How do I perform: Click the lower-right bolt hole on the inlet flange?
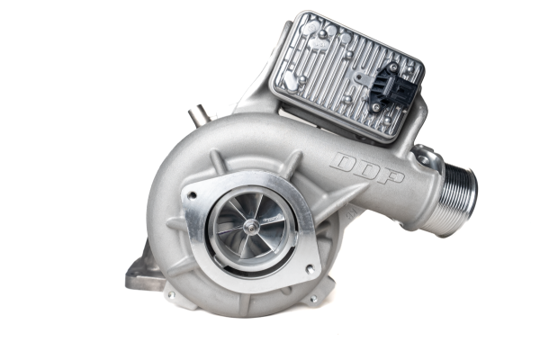coord(308,268)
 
